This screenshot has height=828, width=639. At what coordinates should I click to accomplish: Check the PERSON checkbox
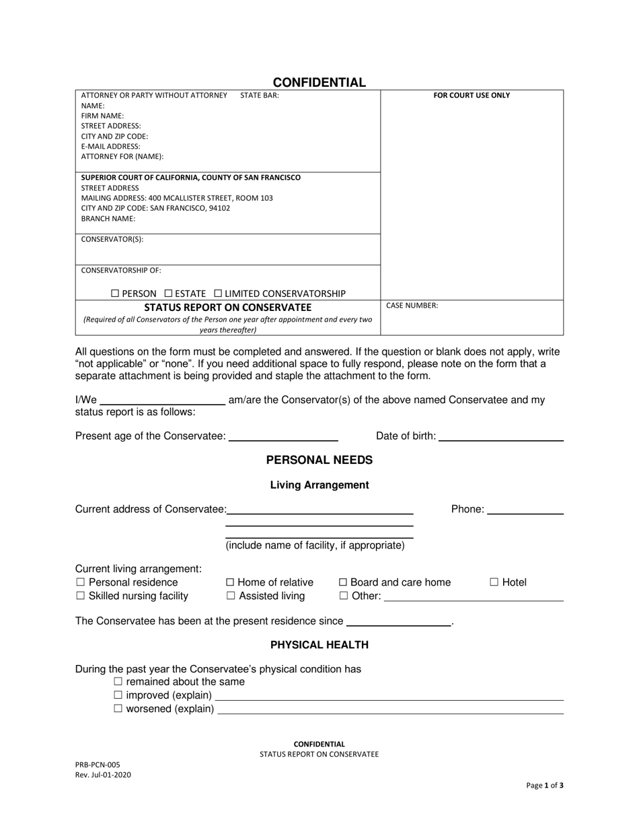[x=115, y=294]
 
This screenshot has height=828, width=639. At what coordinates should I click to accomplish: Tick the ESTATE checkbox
[x=169, y=294]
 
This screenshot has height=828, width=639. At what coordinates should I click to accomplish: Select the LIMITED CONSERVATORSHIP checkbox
[x=218, y=294]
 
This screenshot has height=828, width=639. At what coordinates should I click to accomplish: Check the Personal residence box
[x=81, y=582]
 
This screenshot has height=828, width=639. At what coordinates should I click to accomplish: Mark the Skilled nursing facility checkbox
[x=81, y=596]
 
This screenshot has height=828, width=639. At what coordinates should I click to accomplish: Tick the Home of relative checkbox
[x=230, y=582]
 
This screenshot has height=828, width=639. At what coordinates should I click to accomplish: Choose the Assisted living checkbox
[x=230, y=596]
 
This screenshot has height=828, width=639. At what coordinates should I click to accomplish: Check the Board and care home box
[x=343, y=582]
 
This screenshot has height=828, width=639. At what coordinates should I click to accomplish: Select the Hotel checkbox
[x=494, y=582]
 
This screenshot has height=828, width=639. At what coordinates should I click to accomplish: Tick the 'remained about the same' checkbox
[x=118, y=682]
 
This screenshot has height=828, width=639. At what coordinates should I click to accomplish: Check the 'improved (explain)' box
[x=118, y=695]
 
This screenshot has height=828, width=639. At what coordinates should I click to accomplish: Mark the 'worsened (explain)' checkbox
[x=118, y=709]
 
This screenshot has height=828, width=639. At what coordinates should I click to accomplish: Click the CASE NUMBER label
[x=412, y=306]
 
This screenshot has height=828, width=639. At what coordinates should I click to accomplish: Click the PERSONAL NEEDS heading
[x=319, y=460]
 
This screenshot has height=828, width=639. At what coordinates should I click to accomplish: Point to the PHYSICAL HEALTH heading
[x=319, y=645]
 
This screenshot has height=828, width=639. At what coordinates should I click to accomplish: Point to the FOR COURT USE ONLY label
[x=472, y=96]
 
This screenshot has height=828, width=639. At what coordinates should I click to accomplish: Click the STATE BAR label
[x=260, y=96]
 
